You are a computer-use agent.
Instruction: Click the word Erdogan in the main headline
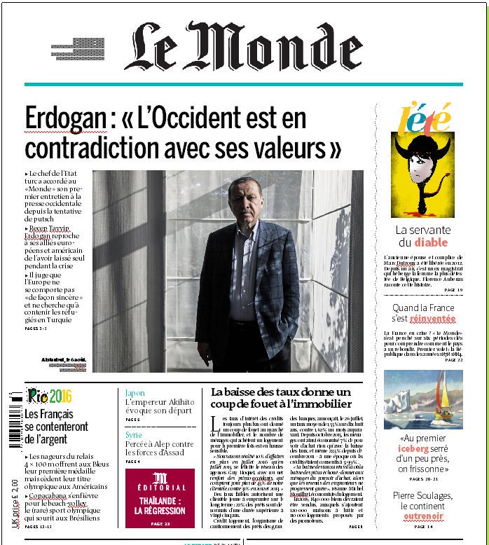pos(65,117)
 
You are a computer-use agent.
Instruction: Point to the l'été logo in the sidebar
pos(426,118)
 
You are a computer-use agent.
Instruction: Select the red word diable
pos(430,243)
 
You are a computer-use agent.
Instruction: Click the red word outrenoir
pos(422,517)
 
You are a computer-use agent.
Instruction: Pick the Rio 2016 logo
pos(48,395)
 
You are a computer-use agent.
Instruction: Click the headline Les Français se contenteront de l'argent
pos(56,426)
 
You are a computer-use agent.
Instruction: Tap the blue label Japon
pos(135,393)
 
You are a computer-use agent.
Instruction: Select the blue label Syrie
pos(134,434)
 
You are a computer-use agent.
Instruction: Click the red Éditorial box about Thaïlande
pos(160,497)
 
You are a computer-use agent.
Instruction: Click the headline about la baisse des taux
pos(280,397)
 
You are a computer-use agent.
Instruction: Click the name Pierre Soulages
pos(422,495)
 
